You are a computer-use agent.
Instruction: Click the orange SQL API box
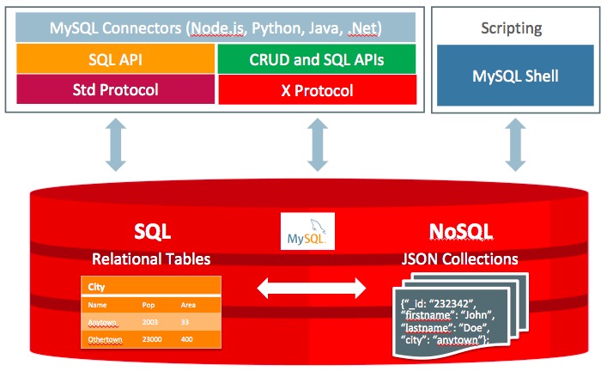pos(115,58)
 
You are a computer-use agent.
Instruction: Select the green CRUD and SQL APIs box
pos(317,59)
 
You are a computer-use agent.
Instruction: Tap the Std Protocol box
pos(115,89)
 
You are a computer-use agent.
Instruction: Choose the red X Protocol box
pos(318,90)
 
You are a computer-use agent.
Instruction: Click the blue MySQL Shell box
pos(515,75)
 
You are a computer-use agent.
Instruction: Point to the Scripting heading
pos(512,27)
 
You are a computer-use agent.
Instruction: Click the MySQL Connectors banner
pos(215,27)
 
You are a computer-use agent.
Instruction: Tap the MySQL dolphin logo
pos(307,231)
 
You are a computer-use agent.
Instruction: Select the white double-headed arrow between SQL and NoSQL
pos(312,289)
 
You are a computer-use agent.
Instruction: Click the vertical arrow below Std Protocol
pos(115,144)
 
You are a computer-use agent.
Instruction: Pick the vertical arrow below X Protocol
pos(318,144)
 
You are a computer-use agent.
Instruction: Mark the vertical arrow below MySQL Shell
pos(515,144)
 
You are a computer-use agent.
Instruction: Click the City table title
pos(96,287)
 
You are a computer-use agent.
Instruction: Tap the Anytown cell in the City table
pos(102,322)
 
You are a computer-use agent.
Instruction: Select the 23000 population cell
pos(152,339)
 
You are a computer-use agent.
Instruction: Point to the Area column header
pos(188,305)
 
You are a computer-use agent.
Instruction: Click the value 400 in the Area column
pos(186,339)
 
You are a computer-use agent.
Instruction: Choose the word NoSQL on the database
pos(461,232)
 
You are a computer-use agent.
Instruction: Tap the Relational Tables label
pos(151,258)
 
